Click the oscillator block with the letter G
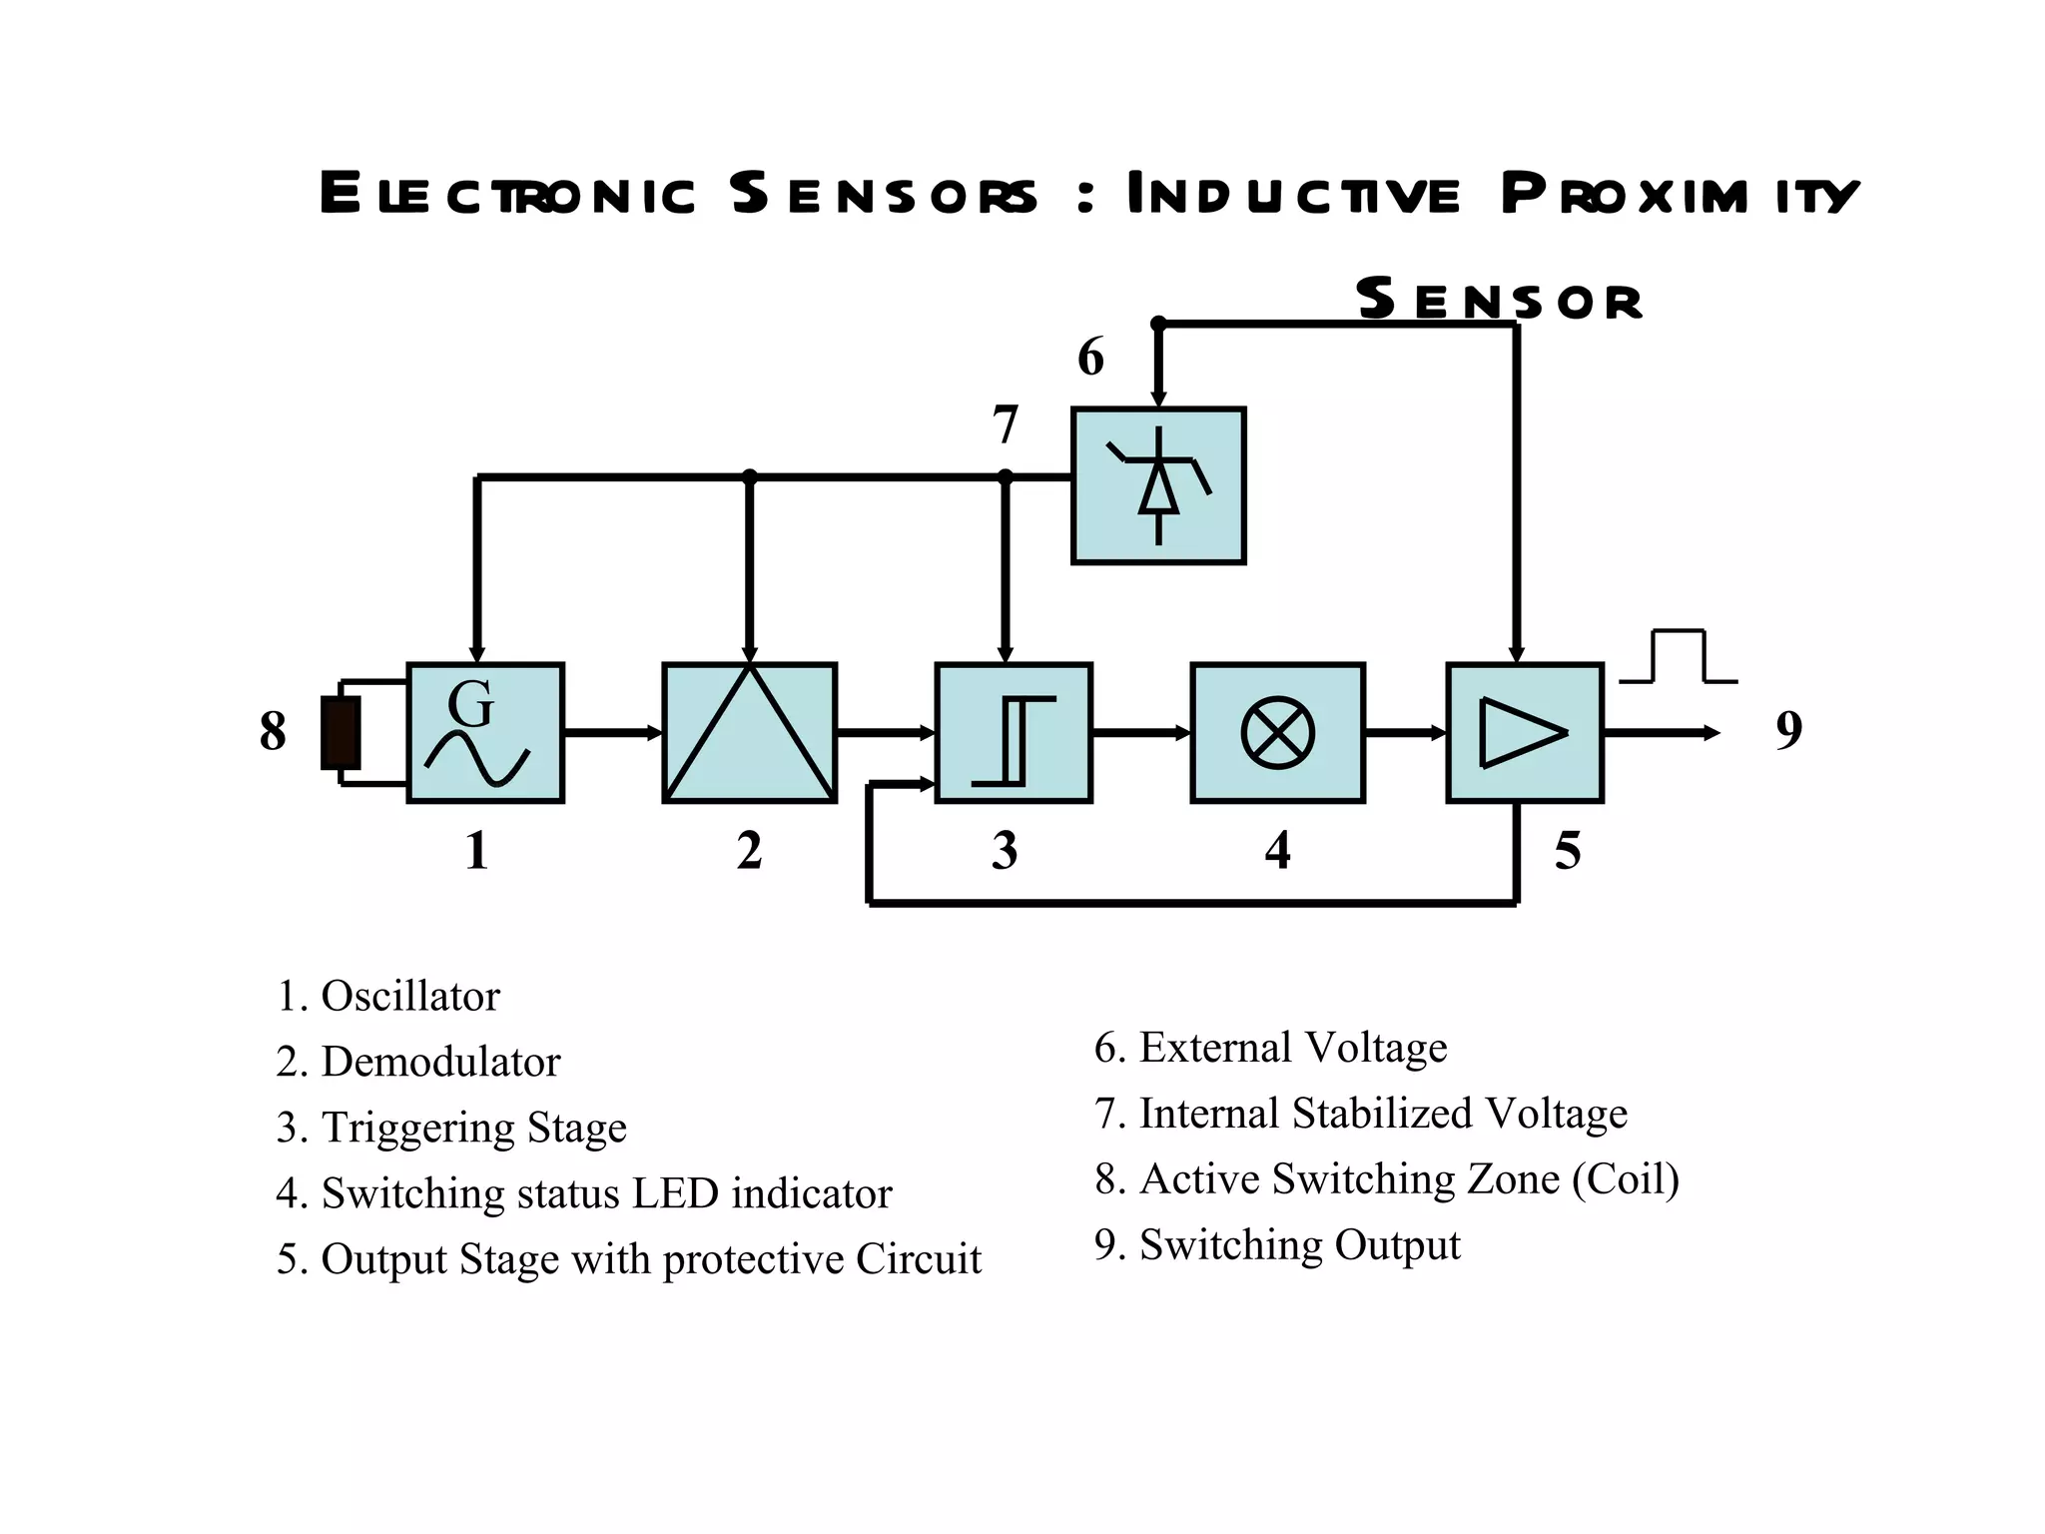click(485, 733)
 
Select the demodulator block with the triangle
click(749, 733)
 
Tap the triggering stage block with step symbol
click(1013, 733)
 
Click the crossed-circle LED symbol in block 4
click(1277, 733)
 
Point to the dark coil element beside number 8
click(341, 733)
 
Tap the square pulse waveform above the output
click(1679, 657)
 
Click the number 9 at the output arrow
click(1788, 730)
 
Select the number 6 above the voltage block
click(1090, 358)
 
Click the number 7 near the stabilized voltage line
click(1005, 425)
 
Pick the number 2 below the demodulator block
click(749, 852)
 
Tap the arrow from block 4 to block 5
click(1404, 733)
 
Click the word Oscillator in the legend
click(409, 997)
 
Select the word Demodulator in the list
click(440, 1062)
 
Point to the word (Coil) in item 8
click(1626, 1179)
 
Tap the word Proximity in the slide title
click(1678, 194)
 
